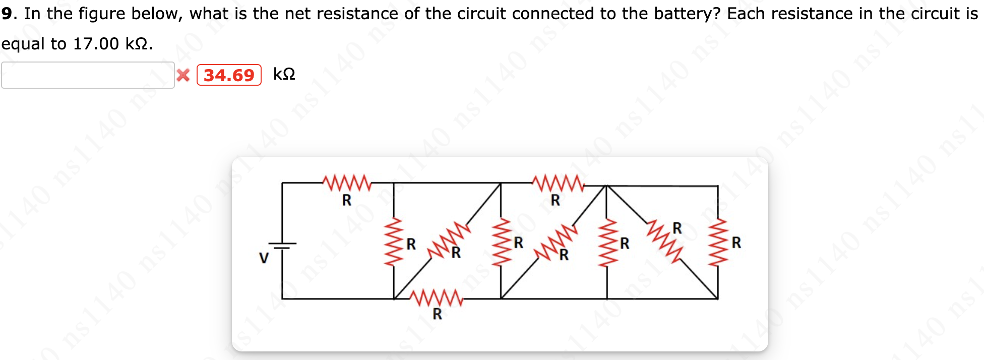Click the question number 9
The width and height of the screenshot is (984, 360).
pos(7,14)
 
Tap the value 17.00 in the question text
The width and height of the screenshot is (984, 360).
pos(96,44)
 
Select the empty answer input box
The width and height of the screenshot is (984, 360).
pos(88,75)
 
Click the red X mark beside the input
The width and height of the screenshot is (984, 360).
pos(183,75)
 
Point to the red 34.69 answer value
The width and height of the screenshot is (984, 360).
pos(229,75)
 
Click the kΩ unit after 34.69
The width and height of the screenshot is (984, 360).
pos(284,74)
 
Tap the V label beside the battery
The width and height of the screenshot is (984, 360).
pos(264,258)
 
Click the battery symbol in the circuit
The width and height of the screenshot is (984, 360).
pos(282,246)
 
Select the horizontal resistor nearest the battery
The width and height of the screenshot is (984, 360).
pos(347,183)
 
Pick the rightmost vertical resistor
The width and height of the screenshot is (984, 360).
pos(718,242)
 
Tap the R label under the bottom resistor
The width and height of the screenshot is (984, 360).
pos(437,314)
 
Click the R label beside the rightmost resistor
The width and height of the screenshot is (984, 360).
pos(736,243)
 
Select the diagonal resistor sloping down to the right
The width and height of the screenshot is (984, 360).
pos(665,241)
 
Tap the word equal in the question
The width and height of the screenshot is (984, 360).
pos(23,44)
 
